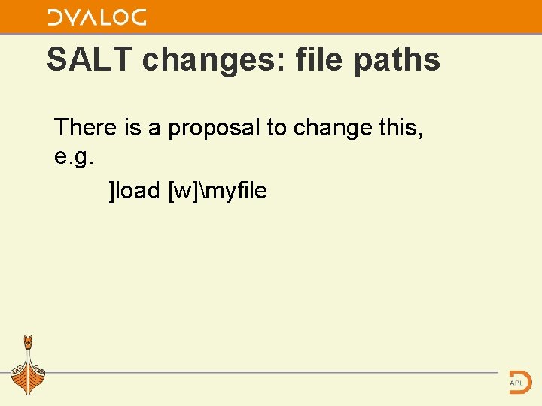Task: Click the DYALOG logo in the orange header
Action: pos(96,17)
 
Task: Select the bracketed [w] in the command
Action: pos(185,192)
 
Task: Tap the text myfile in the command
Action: pos(236,192)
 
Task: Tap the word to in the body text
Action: pos(276,129)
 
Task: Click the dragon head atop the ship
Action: pos(28,342)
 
